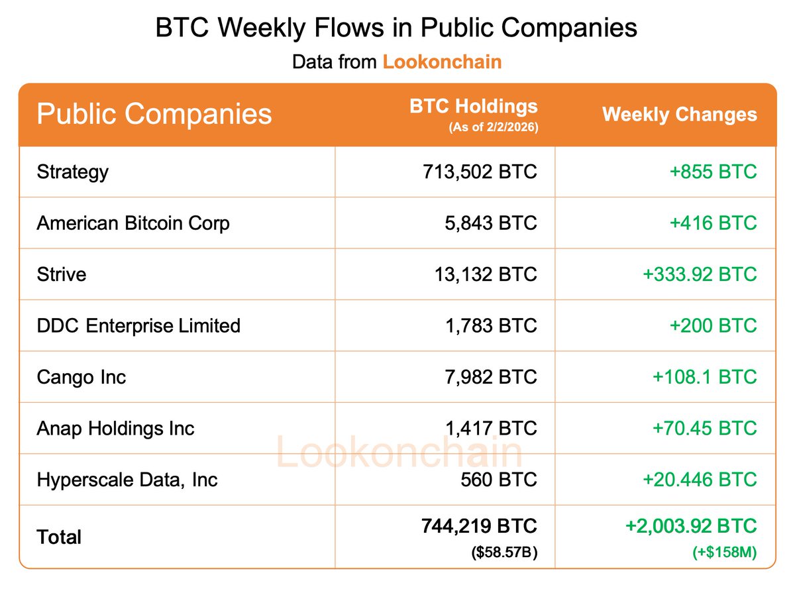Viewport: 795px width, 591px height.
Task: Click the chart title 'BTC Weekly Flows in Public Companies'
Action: coord(396,28)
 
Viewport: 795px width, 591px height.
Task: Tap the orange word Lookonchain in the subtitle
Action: coord(442,62)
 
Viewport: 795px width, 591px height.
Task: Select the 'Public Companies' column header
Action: coord(154,113)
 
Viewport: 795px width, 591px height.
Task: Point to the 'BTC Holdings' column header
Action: coord(473,106)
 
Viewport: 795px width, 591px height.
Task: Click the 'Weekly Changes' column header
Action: coord(679,114)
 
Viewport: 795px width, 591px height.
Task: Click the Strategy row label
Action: coord(72,172)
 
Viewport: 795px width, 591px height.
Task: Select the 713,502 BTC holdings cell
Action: coord(480,172)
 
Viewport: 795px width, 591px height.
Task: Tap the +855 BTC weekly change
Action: coord(713,172)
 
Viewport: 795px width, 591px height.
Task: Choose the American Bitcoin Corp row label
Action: coord(133,223)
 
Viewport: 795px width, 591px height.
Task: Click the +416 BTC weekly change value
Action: coord(713,223)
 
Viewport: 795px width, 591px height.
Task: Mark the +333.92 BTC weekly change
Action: coord(700,274)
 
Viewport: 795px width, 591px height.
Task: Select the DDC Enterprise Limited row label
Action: coord(138,326)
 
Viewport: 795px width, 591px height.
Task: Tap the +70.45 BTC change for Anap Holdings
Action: coord(704,428)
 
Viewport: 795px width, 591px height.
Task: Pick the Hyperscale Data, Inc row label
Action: coord(127,480)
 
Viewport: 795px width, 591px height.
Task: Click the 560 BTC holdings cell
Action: coord(499,480)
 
